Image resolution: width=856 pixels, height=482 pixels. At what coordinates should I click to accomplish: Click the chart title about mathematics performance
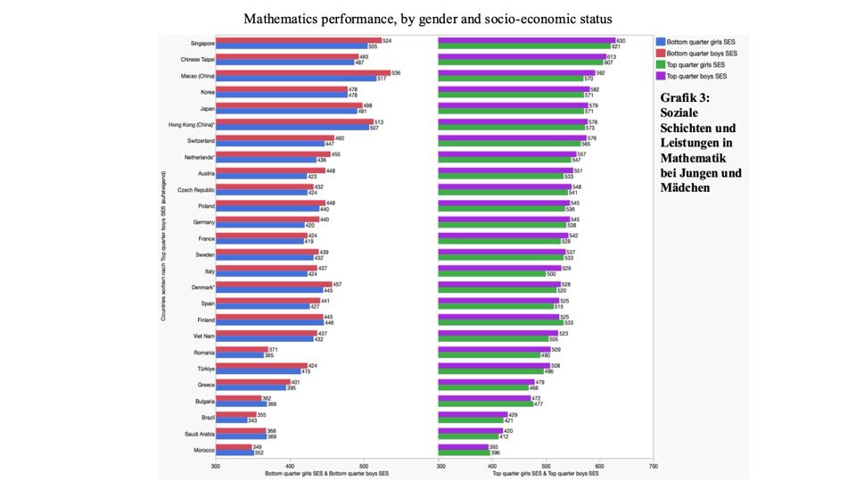428,18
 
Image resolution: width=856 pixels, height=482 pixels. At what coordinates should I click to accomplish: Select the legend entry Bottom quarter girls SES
701,41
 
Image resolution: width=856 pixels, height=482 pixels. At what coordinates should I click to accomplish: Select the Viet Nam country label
201,337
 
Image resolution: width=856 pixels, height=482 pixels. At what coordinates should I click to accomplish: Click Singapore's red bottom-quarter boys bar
298,40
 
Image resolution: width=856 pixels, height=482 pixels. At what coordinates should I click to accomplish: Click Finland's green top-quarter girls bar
500,322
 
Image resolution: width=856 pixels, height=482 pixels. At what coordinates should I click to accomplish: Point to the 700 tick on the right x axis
653,466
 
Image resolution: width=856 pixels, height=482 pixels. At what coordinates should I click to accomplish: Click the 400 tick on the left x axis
289,466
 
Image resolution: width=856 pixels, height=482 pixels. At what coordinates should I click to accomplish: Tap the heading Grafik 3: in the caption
685,98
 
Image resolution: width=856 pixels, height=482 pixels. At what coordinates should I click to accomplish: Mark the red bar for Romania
241,350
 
